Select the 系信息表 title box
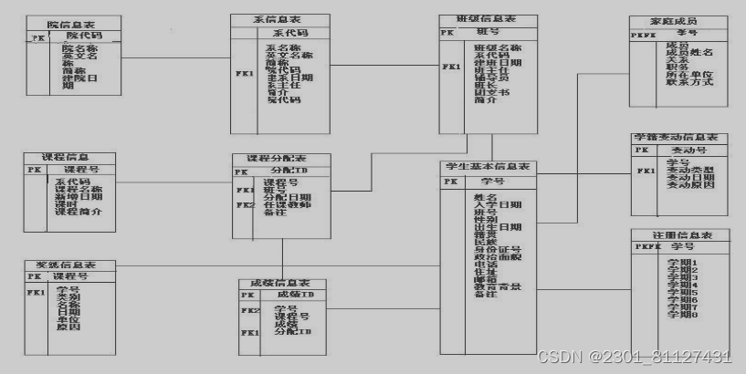click(x=278, y=18)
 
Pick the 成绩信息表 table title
click(x=281, y=283)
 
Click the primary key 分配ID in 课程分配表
click(x=289, y=171)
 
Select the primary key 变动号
click(x=689, y=150)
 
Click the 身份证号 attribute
click(x=498, y=249)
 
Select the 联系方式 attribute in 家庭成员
click(x=689, y=83)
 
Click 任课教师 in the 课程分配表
click(x=287, y=204)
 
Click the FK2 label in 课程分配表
click(x=245, y=204)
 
